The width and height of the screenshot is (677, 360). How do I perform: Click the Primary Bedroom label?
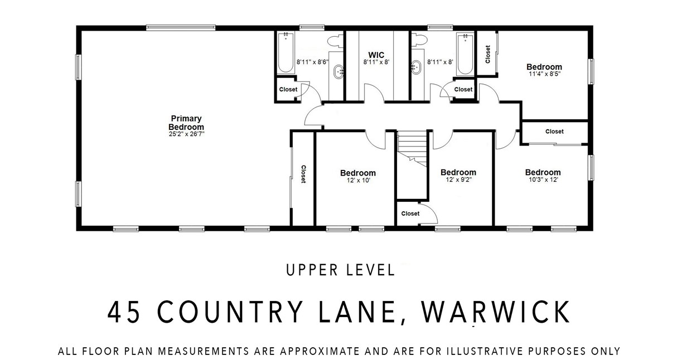(186, 123)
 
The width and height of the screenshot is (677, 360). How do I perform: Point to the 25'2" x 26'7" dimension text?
(186, 134)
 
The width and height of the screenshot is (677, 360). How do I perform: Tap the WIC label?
(373, 55)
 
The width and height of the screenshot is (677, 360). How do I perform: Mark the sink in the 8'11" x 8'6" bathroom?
(338, 71)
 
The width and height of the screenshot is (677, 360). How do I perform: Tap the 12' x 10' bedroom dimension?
(357, 181)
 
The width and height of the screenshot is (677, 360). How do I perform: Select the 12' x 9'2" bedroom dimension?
(458, 180)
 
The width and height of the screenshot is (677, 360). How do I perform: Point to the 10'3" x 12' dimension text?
(543, 180)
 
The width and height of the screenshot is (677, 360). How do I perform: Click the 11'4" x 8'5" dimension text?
(544, 74)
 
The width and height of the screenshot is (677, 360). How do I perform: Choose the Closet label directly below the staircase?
(410, 213)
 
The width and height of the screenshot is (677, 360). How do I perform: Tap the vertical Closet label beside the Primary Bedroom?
(303, 174)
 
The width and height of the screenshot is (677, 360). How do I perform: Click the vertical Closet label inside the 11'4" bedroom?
(487, 54)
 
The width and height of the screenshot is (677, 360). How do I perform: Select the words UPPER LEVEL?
(340, 270)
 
